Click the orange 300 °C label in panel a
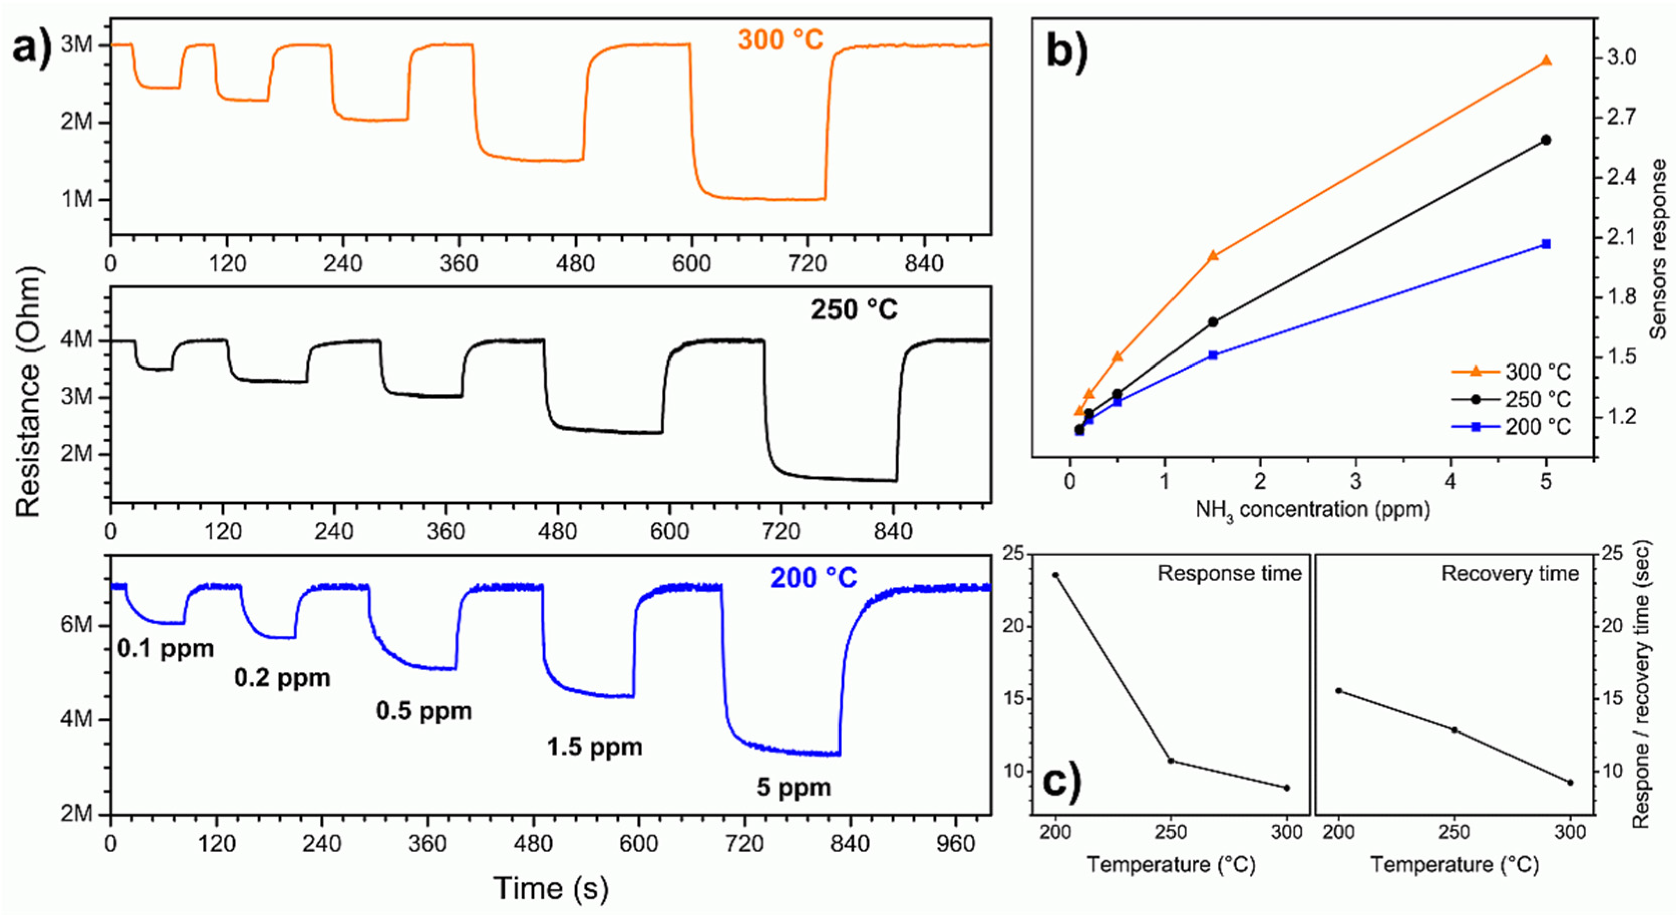click(x=780, y=40)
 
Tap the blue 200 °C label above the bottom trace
click(x=813, y=578)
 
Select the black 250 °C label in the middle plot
click(x=854, y=309)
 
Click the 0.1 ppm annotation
click(x=165, y=648)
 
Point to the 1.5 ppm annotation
click(x=594, y=747)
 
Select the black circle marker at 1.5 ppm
click(x=1212, y=322)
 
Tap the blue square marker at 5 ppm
click(x=1547, y=244)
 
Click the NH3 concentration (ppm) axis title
click(x=1312, y=510)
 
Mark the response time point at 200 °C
click(x=1055, y=574)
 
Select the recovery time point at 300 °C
click(x=1570, y=782)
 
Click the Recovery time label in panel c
click(x=1510, y=573)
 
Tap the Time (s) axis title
click(x=551, y=888)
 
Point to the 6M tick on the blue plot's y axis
click(x=77, y=626)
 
